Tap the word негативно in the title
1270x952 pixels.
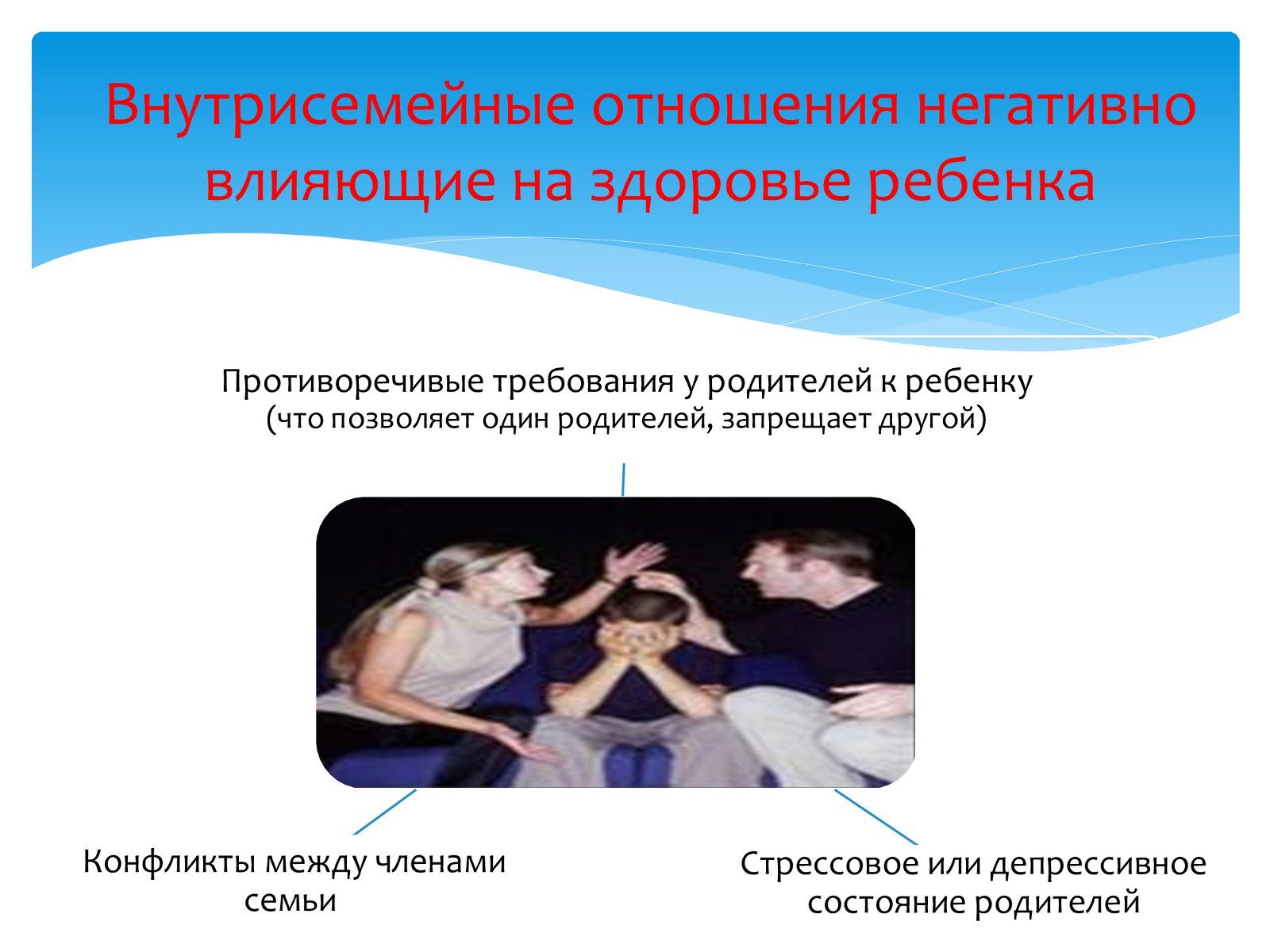1056,106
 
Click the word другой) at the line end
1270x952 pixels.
932,419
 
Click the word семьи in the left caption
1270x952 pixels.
291,900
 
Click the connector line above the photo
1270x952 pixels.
623,480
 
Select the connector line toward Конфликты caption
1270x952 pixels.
385,812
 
